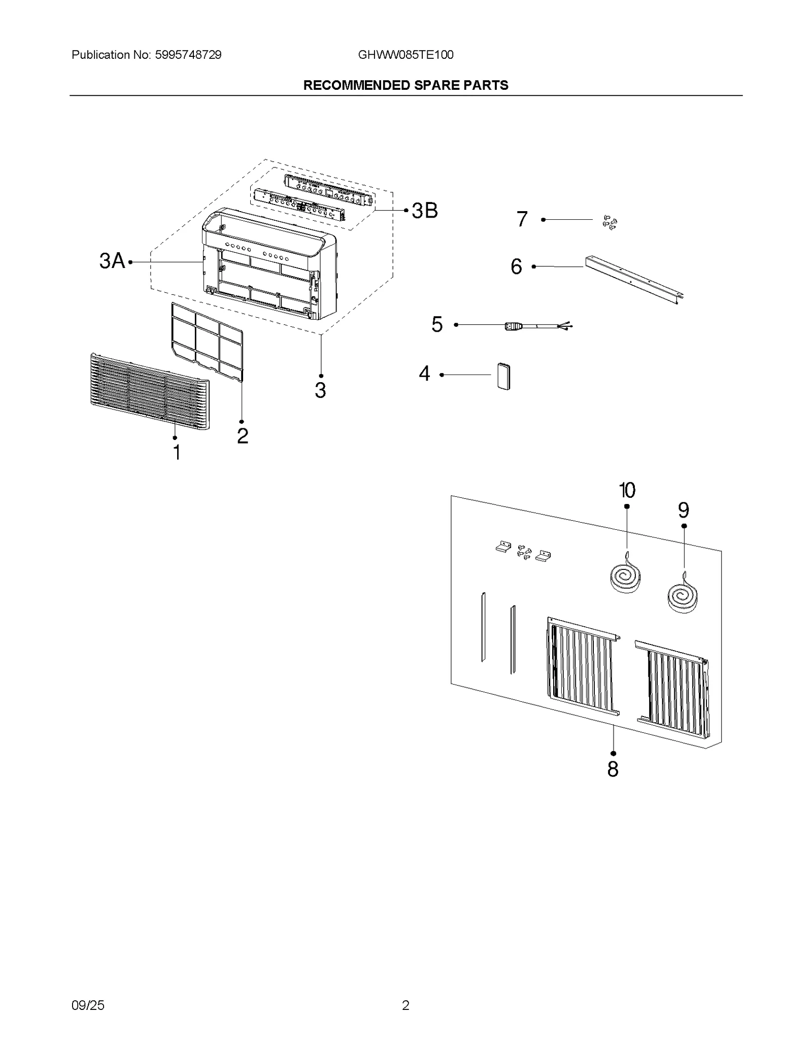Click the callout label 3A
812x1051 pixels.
tap(112, 261)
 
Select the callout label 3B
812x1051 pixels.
tap(424, 211)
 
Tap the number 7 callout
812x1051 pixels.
tap(522, 219)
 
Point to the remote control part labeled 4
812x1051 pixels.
tap(503, 376)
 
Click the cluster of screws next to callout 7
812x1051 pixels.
tap(609, 222)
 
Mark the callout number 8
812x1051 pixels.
tap(613, 769)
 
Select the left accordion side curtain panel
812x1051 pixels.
tap(583, 666)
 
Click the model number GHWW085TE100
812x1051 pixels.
tap(405, 55)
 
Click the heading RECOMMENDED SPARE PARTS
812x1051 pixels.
tap(405, 85)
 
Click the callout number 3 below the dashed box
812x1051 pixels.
tap(320, 390)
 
